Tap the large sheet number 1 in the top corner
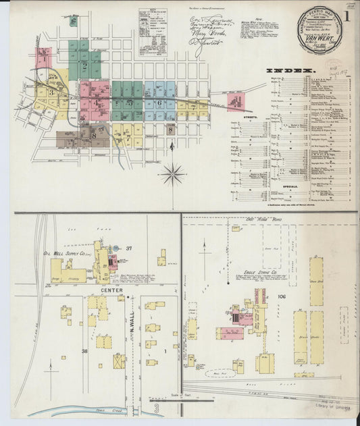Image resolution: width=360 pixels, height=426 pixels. click(346, 16)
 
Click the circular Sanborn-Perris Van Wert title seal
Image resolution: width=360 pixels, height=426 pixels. click(320, 30)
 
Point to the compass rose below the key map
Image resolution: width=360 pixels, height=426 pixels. click(173, 175)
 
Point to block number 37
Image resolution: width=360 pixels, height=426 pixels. click(128, 248)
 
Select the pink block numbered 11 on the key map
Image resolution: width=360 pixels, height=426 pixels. click(236, 103)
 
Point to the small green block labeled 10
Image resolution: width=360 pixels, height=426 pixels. click(72, 20)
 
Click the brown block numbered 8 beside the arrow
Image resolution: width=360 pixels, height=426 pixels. click(170, 129)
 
